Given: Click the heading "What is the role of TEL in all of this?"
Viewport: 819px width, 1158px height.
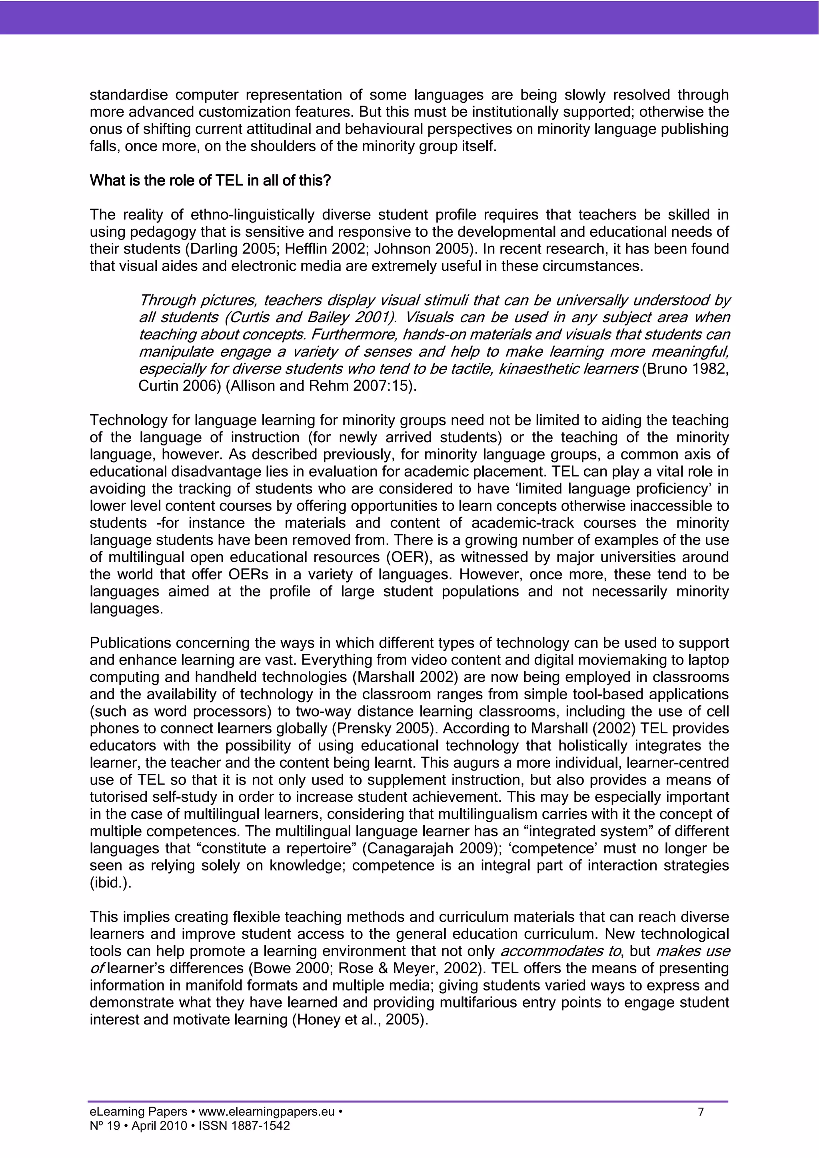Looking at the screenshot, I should (x=210, y=181).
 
